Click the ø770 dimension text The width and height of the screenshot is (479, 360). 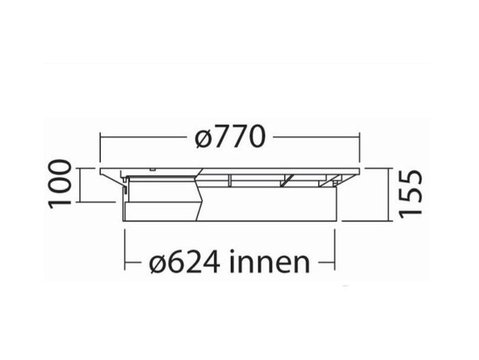pos(229,138)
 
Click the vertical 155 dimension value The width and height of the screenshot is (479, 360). pos(411,193)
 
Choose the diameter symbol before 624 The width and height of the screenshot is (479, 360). pos(157,263)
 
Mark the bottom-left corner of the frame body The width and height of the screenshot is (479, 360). pos(125,221)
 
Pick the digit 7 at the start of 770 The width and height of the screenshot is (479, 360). pos(220,138)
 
